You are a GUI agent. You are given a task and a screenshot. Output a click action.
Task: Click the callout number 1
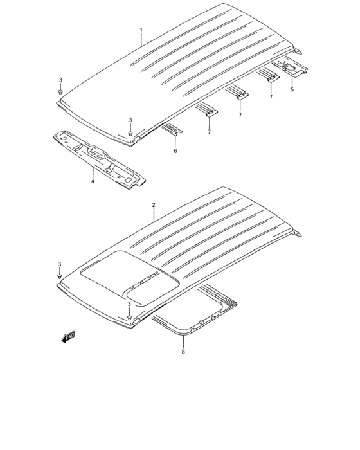[141, 30]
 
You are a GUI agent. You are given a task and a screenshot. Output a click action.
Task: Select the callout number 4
[92, 182]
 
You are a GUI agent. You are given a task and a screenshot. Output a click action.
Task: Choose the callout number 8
[183, 352]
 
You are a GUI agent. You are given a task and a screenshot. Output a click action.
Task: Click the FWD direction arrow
[69, 336]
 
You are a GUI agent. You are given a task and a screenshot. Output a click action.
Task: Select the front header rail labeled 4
[100, 157]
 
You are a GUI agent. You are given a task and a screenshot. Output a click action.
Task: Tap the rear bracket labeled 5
[291, 69]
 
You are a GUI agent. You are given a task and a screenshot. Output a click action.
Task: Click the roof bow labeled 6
[173, 129]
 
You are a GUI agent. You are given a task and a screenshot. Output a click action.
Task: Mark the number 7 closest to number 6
[209, 131]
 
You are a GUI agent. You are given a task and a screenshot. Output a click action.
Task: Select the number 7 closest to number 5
[271, 96]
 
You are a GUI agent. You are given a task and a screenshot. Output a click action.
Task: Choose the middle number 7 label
[240, 114]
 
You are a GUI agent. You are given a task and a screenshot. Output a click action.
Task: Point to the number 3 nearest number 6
[130, 120]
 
